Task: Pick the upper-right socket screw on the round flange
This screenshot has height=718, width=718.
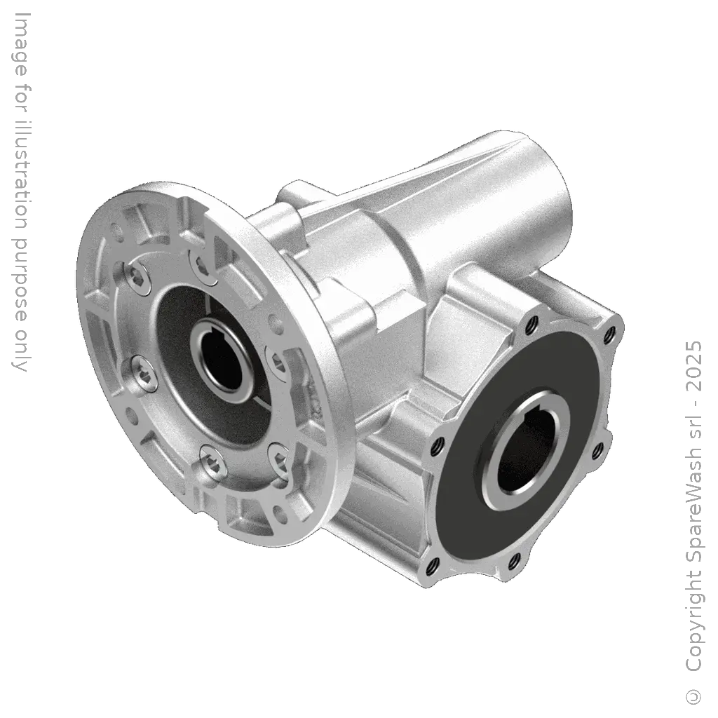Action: (201, 265)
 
